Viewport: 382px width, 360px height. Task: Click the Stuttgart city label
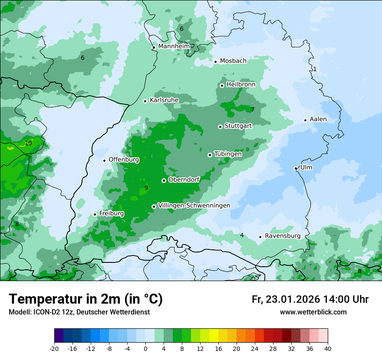click(x=238, y=126)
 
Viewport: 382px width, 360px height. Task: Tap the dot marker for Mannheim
click(x=154, y=48)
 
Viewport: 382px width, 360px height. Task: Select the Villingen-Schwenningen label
click(x=194, y=206)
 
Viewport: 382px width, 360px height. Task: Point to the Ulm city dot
click(x=296, y=168)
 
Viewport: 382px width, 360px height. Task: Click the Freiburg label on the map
click(x=112, y=214)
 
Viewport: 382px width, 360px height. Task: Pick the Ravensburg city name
click(x=283, y=236)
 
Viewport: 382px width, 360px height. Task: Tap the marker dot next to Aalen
click(x=305, y=120)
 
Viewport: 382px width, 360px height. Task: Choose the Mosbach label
click(x=233, y=61)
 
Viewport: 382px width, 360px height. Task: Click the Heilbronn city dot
click(x=222, y=85)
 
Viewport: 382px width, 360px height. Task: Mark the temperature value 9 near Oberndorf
click(x=146, y=188)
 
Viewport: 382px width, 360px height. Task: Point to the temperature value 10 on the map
click(x=28, y=143)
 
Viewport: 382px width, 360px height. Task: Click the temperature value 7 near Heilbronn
click(x=253, y=109)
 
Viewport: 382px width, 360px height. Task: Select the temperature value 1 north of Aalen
click(x=315, y=69)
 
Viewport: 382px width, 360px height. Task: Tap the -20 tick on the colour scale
click(x=54, y=349)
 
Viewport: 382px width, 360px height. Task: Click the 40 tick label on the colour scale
click(x=327, y=349)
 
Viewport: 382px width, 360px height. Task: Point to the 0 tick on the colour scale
click(x=145, y=349)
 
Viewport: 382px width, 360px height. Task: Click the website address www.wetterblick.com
click(x=313, y=312)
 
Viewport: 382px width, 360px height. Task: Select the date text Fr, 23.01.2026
click(x=286, y=299)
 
